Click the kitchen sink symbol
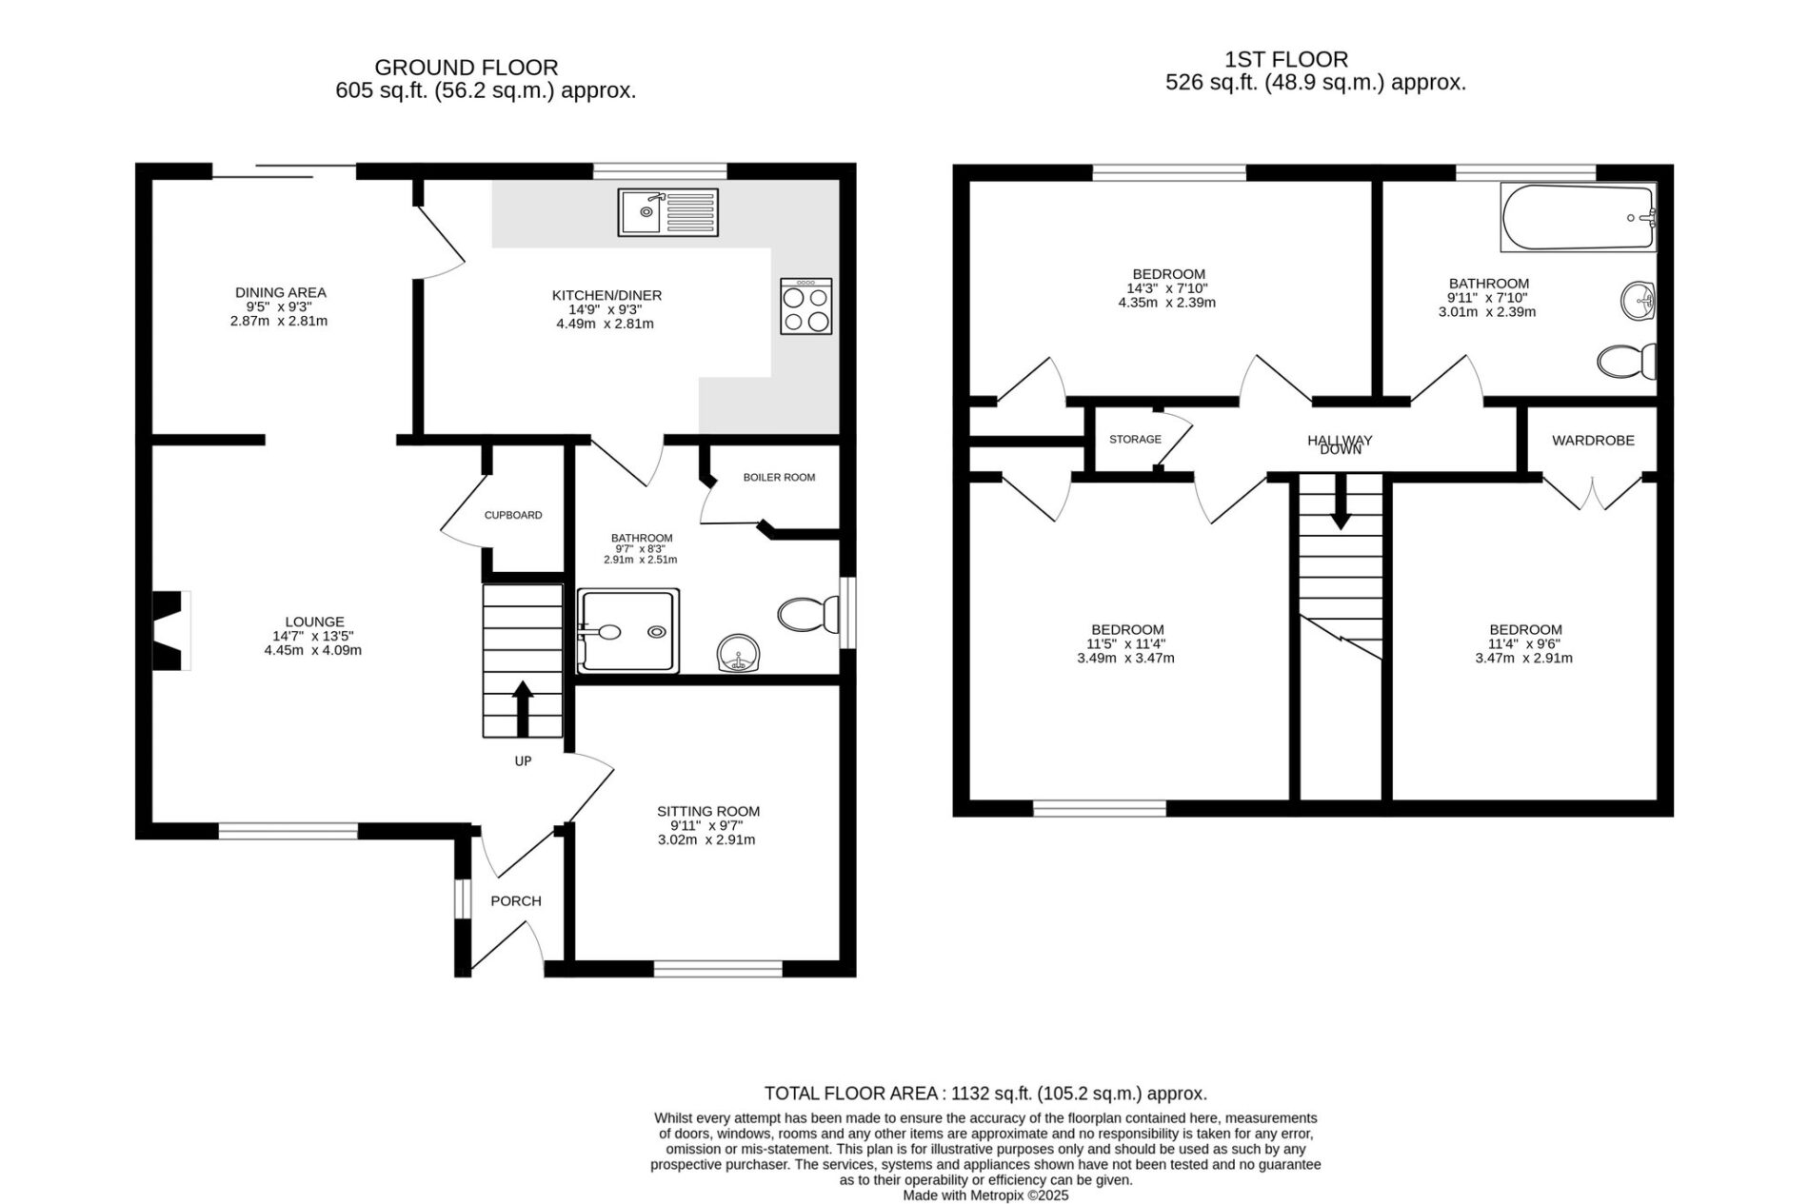[x=667, y=211]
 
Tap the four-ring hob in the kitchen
[x=805, y=306]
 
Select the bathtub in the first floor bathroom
[x=1578, y=218]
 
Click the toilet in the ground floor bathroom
[x=808, y=615]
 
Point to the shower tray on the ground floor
[x=628, y=631]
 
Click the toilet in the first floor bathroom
[x=1626, y=361]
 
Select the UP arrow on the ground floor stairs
[x=523, y=708]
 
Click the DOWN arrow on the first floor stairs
[x=1341, y=502]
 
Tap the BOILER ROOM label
[x=779, y=478]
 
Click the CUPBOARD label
[x=513, y=515]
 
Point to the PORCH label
[x=516, y=901]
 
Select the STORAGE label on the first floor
[x=1135, y=440]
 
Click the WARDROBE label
[x=1593, y=441]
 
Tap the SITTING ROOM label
[x=708, y=812]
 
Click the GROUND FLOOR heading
[x=467, y=68]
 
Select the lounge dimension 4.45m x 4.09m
[x=313, y=651]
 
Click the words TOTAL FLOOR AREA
[x=851, y=1095]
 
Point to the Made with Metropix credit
[x=985, y=1195]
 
